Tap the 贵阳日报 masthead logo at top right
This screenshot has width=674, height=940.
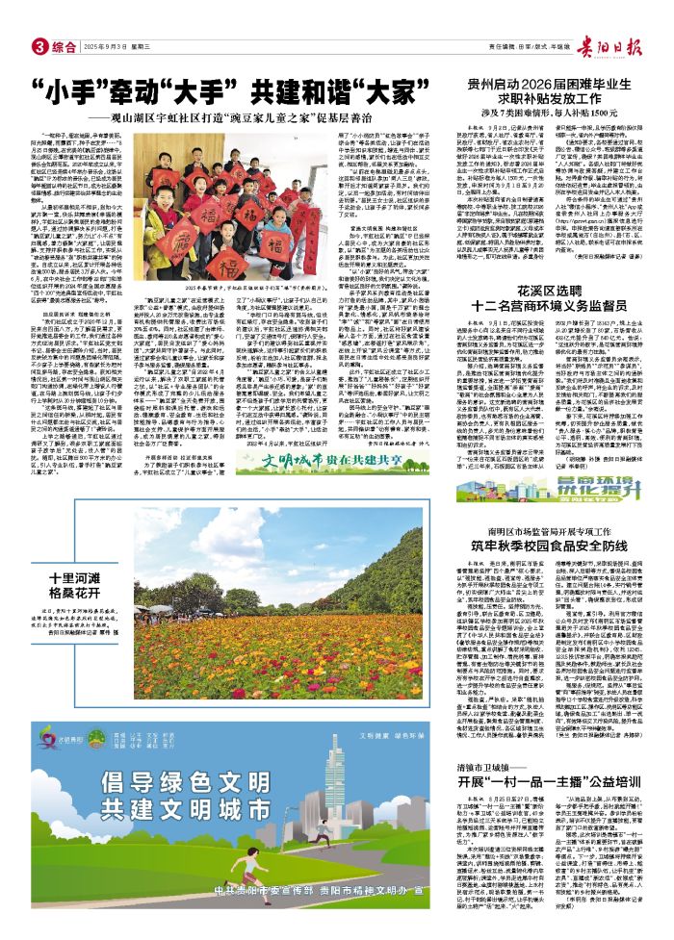point(627,43)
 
